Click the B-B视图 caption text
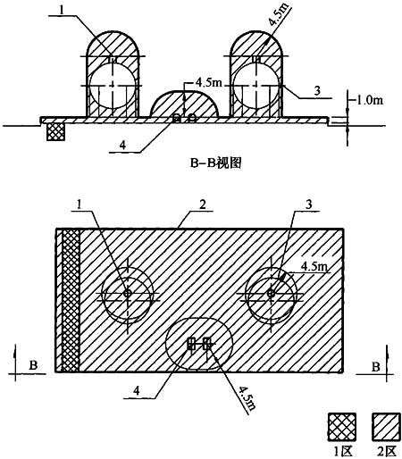215,163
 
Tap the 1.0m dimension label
369,100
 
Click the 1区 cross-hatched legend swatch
342,427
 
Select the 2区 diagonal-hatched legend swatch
386,427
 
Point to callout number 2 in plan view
203,204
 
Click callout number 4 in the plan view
136,390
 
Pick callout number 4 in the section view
122,146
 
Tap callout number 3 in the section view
317,90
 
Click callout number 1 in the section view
62,10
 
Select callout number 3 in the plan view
309,204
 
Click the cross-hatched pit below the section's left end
55,132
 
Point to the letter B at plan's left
33,365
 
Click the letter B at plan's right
376,366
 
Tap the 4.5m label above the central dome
209,82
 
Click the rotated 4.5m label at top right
279,13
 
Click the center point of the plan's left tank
128,293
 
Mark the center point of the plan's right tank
271,293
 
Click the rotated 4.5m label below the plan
247,398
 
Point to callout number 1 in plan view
79,204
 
